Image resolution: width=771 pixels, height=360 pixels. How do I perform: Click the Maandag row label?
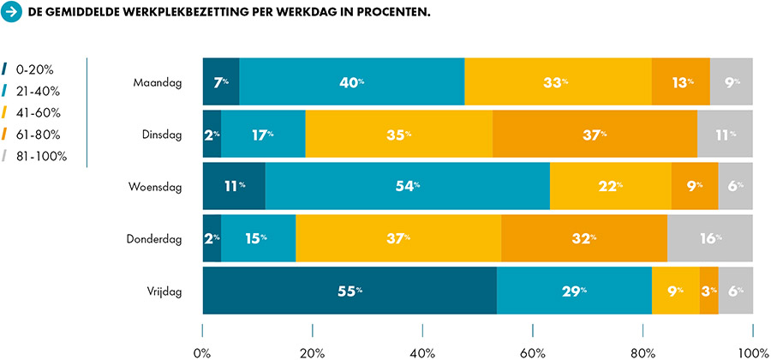point(158,82)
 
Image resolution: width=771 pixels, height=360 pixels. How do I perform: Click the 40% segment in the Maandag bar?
point(352,82)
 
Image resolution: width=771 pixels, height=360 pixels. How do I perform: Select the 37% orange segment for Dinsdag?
point(595,135)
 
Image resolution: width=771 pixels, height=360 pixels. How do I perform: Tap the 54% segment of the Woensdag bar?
point(408,186)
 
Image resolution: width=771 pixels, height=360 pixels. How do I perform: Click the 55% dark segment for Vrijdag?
point(350,291)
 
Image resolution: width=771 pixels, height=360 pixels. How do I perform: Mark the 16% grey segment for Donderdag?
point(710,238)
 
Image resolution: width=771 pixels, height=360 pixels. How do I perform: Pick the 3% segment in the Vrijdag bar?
point(708,291)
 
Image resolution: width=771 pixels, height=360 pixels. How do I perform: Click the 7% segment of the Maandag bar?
point(221,82)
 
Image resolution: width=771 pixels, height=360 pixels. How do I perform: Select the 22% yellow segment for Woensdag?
point(611,186)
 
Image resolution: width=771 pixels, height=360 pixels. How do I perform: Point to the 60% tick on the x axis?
point(533,330)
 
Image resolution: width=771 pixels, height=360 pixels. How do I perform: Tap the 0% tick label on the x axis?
point(202,351)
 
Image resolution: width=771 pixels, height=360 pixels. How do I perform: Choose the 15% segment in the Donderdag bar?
point(258,238)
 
